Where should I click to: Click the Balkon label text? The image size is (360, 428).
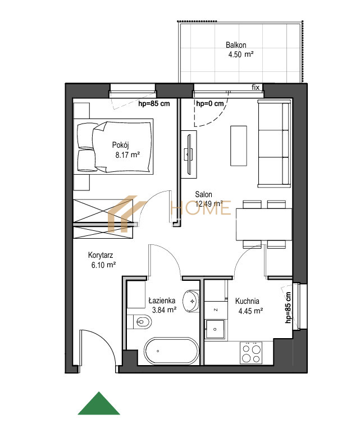pos(236,45)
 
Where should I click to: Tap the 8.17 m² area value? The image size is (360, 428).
pos(127,155)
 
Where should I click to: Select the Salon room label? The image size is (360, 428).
pos(203,194)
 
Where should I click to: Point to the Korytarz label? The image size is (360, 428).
pos(101,256)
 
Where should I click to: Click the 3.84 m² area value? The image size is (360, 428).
pos(165,310)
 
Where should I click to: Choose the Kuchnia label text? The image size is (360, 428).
pos(247,301)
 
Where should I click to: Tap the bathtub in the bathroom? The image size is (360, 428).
pos(172,351)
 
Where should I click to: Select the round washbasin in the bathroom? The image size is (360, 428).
pos(191,302)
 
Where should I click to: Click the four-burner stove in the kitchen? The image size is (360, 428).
pos(251,353)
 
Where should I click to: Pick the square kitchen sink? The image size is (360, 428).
pos(215,329)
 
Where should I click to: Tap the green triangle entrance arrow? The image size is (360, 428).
pos(99,403)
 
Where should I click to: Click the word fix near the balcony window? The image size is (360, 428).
pos(256,88)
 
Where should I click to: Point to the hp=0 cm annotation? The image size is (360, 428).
pos(210,104)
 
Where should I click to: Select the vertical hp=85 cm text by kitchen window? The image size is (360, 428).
pos(288,308)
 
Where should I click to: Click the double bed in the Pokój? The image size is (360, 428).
pos(113,147)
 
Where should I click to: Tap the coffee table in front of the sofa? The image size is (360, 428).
pos(239,146)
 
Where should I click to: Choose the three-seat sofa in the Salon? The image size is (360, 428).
pos(274,144)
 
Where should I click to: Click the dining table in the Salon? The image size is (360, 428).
pos(264,224)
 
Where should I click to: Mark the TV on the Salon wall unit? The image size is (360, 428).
pos(189,154)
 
